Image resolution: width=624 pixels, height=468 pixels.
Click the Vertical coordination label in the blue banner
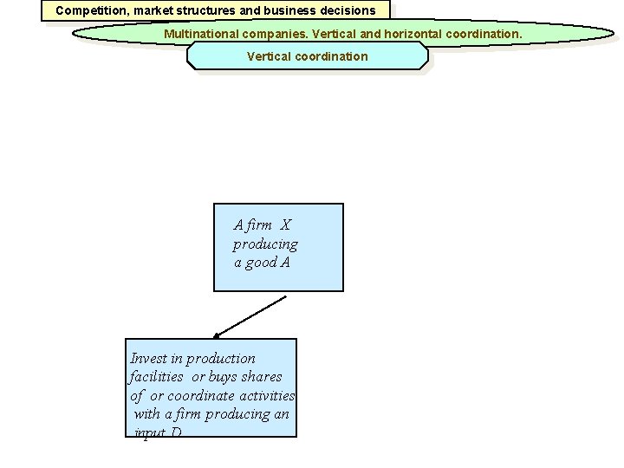coord(307,56)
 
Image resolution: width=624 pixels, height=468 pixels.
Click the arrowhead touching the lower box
coord(218,335)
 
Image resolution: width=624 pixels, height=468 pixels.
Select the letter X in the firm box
coord(286,225)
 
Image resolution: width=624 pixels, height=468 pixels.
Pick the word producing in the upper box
coord(264,244)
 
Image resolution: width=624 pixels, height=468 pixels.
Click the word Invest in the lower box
coord(147,358)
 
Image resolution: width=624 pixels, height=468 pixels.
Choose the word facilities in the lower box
coord(156,376)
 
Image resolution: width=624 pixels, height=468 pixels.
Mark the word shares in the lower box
coord(263,376)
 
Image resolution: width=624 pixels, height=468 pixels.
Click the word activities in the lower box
coord(267,395)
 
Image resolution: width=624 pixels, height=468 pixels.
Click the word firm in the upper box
coord(259,225)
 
